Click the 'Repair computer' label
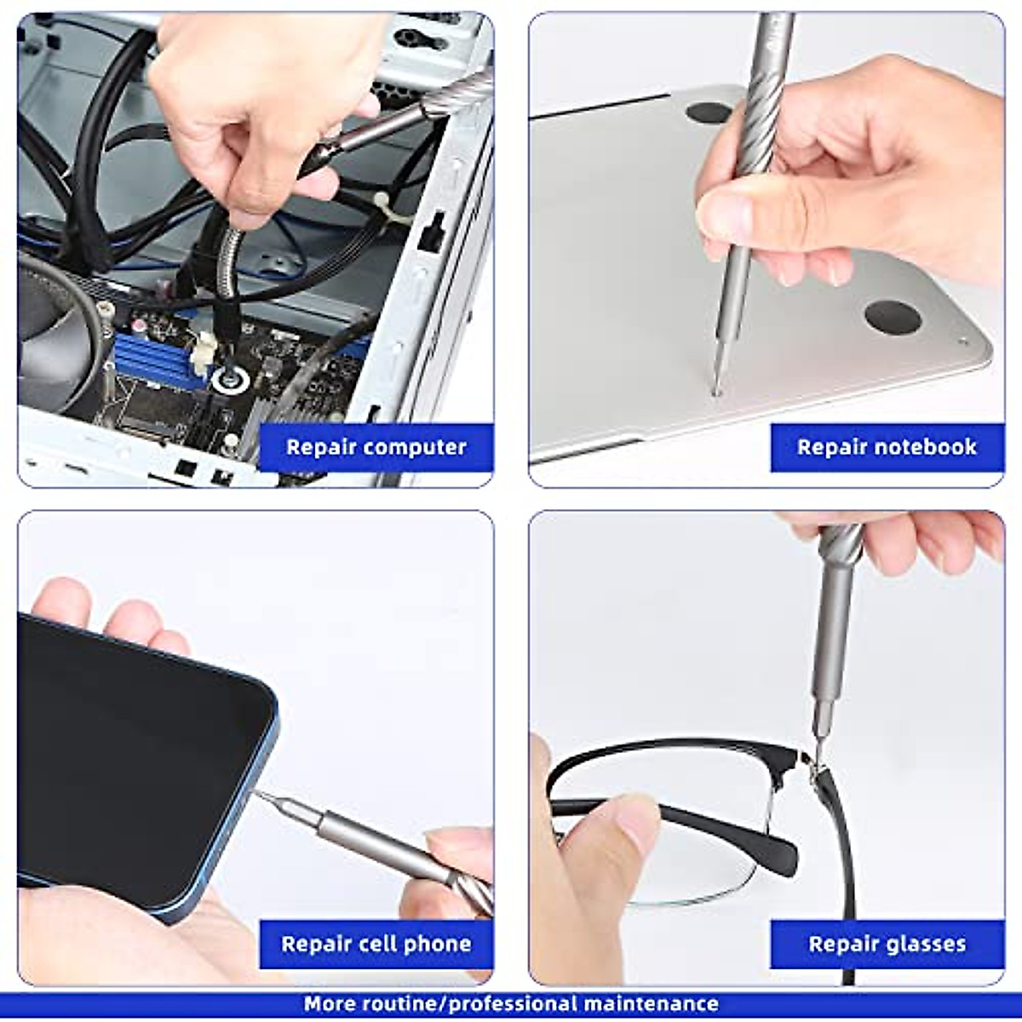click(376, 447)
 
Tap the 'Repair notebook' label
click(887, 447)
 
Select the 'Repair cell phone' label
click(376, 944)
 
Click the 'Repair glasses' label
click(887, 944)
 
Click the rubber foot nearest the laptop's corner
click(893, 316)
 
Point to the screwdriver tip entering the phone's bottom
click(260, 795)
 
